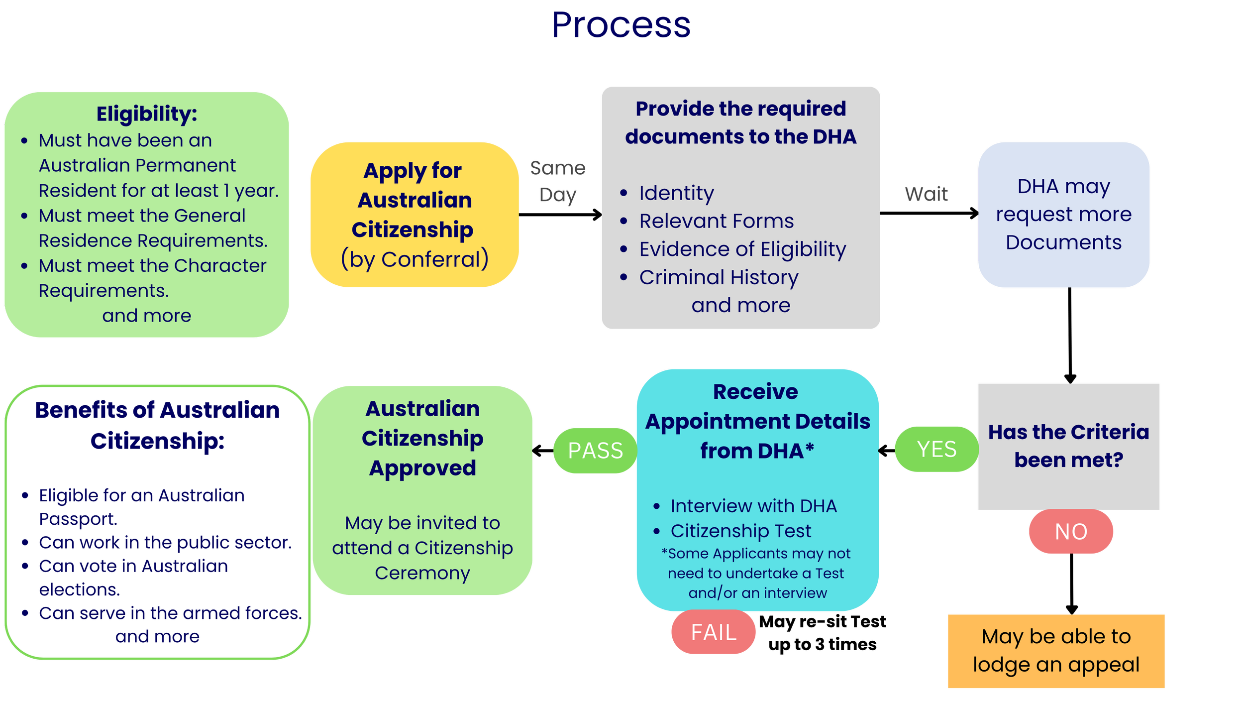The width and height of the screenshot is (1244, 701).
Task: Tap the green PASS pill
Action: pos(595,451)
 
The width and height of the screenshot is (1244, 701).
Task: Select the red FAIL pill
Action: pos(713,632)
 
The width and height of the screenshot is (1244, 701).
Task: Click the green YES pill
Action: pos(936,449)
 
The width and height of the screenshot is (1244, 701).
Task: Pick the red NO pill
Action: pos(1071,532)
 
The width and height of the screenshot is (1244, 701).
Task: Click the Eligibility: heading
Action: pos(147,114)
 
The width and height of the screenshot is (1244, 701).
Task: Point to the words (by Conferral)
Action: pos(415,259)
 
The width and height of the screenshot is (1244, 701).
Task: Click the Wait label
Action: pos(927,194)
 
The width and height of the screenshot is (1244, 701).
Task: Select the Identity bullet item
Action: pos(676,193)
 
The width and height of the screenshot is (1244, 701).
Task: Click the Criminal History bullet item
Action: pos(719,277)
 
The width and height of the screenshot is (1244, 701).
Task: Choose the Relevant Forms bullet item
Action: pos(716,221)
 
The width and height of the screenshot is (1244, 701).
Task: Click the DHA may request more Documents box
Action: pos(1063,215)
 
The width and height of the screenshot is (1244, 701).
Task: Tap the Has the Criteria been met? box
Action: pos(1068,446)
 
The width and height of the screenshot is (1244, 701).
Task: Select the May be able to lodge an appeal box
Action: pos(1056,651)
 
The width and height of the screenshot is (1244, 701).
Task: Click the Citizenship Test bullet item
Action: pos(740,531)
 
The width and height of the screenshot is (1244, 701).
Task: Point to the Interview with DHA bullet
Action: pos(753,506)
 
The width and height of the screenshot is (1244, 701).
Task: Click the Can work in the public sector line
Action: pos(165,543)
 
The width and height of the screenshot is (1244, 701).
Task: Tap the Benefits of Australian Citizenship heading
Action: pos(157,425)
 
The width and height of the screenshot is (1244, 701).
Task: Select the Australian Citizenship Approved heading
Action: pos(422,438)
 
